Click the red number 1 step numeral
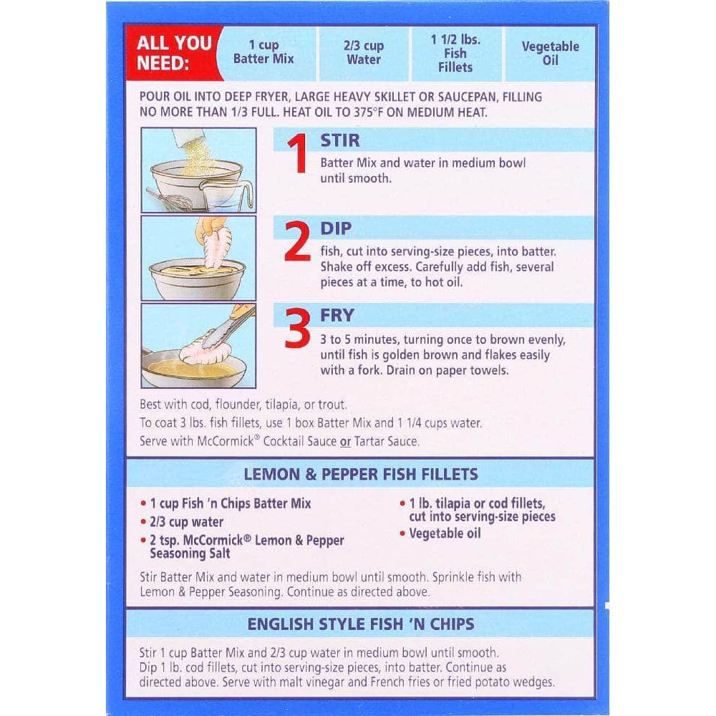[298, 154]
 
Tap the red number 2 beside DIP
[297, 241]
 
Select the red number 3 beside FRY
[297, 327]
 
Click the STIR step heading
[339, 140]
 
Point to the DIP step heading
[336, 228]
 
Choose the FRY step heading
[337, 315]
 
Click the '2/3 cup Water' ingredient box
[364, 53]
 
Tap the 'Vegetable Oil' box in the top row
[550, 53]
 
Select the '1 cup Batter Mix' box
[263, 52]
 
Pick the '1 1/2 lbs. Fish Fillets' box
[455, 53]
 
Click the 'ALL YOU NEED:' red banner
[173, 53]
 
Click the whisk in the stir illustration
[170, 199]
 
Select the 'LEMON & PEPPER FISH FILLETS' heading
[361, 474]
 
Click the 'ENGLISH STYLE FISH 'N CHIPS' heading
[361, 624]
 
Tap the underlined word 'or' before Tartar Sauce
[345, 442]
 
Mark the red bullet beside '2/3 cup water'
[143, 522]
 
